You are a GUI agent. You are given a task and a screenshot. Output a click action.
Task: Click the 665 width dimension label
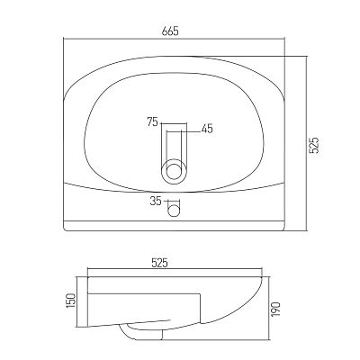coord(170,31)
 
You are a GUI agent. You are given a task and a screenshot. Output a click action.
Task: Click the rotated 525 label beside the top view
coord(314,145)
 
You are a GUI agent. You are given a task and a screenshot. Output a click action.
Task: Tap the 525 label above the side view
coord(159,263)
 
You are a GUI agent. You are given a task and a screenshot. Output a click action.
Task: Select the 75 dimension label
coord(152,122)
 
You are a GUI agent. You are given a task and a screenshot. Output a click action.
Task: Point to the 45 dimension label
coord(207,129)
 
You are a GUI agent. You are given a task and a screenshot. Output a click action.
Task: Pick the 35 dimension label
coord(156,201)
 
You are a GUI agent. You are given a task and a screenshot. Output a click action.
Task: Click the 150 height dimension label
coord(71,301)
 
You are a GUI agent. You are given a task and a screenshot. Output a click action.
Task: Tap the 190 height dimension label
coord(276,310)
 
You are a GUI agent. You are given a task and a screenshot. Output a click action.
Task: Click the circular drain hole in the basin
coord(175,172)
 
